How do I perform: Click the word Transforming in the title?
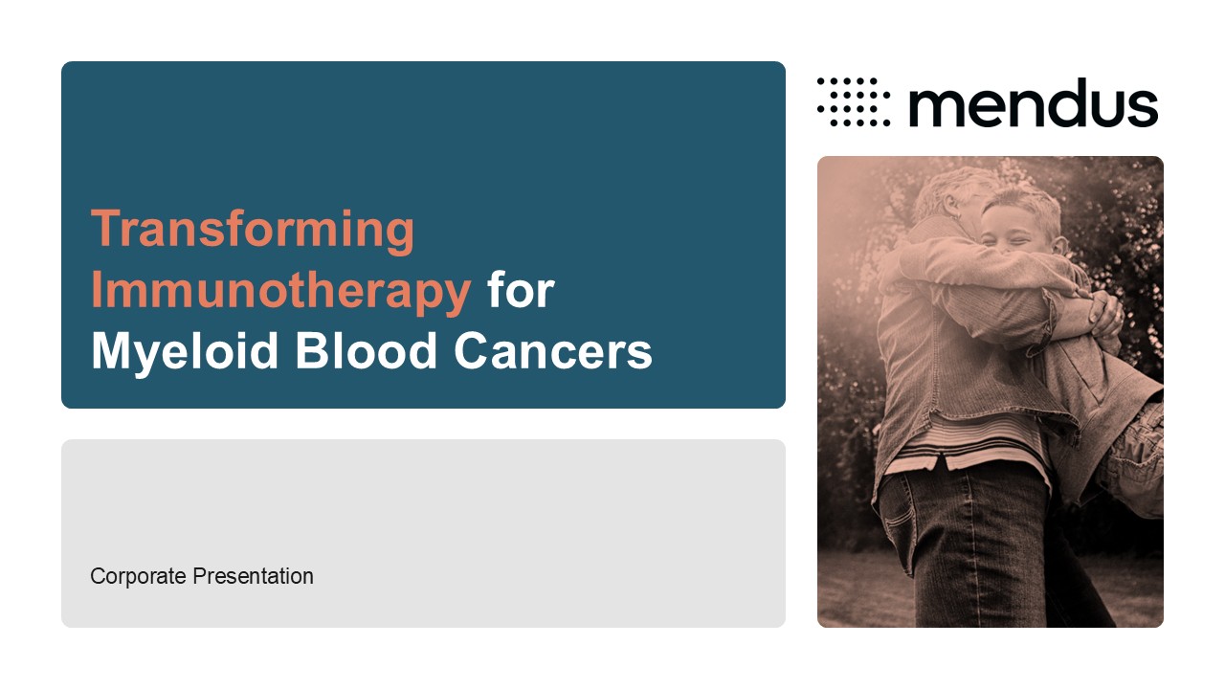pyautogui.click(x=253, y=231)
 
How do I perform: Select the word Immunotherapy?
pyautogui.click(x=281, y=292)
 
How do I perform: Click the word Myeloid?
pyautogui.click(x=185, y=353)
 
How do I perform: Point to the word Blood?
pyautogui.click(x=366, y=350)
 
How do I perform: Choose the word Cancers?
pyautogui.click(x=553, y=350)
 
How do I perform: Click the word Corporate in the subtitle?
pyautogui.click(x=138, y=577)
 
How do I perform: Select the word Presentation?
pyautogui.click(x=254, y=576)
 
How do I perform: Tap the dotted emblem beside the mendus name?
pyautogui.click(x=854, y=101)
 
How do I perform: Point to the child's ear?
pyautogui.click(x=1059, y=246)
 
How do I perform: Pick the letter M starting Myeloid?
pyautogui.click(x=113, y=350)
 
